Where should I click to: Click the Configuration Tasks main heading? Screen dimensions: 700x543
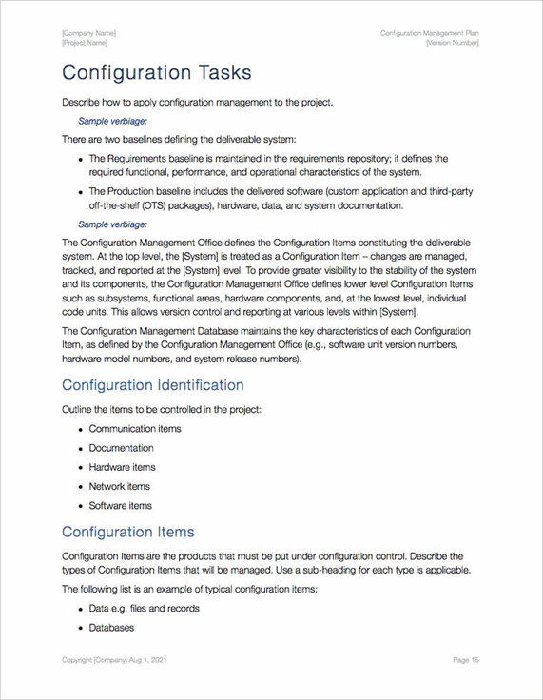click(156, 73)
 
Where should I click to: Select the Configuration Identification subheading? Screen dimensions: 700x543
click(152, 385)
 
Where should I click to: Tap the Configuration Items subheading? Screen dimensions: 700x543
click(127, 532)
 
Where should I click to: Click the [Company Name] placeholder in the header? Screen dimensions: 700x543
click(88, 33)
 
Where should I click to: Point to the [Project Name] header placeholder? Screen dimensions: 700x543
click(85, 43)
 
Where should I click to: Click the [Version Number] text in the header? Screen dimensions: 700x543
click(453, 43)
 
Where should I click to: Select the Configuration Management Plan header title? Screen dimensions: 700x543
click(430, 33)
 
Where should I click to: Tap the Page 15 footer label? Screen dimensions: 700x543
click(466, 659)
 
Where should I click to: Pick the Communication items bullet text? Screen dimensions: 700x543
click(135, 429)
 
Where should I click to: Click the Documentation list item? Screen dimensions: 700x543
click(121, 448)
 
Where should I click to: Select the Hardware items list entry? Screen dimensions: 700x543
click(122, 467)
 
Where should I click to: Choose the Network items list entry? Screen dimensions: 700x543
click(120, 486)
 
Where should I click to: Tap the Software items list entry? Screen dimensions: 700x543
click(120, 505)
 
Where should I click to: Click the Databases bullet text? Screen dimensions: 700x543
click(111, 628)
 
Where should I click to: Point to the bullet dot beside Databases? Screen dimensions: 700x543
click(80, 628)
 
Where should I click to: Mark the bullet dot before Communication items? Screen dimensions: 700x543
click(80, 429)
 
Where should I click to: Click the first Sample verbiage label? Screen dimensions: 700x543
click(112, 121)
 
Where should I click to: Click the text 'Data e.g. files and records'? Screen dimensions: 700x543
click(144, 609)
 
